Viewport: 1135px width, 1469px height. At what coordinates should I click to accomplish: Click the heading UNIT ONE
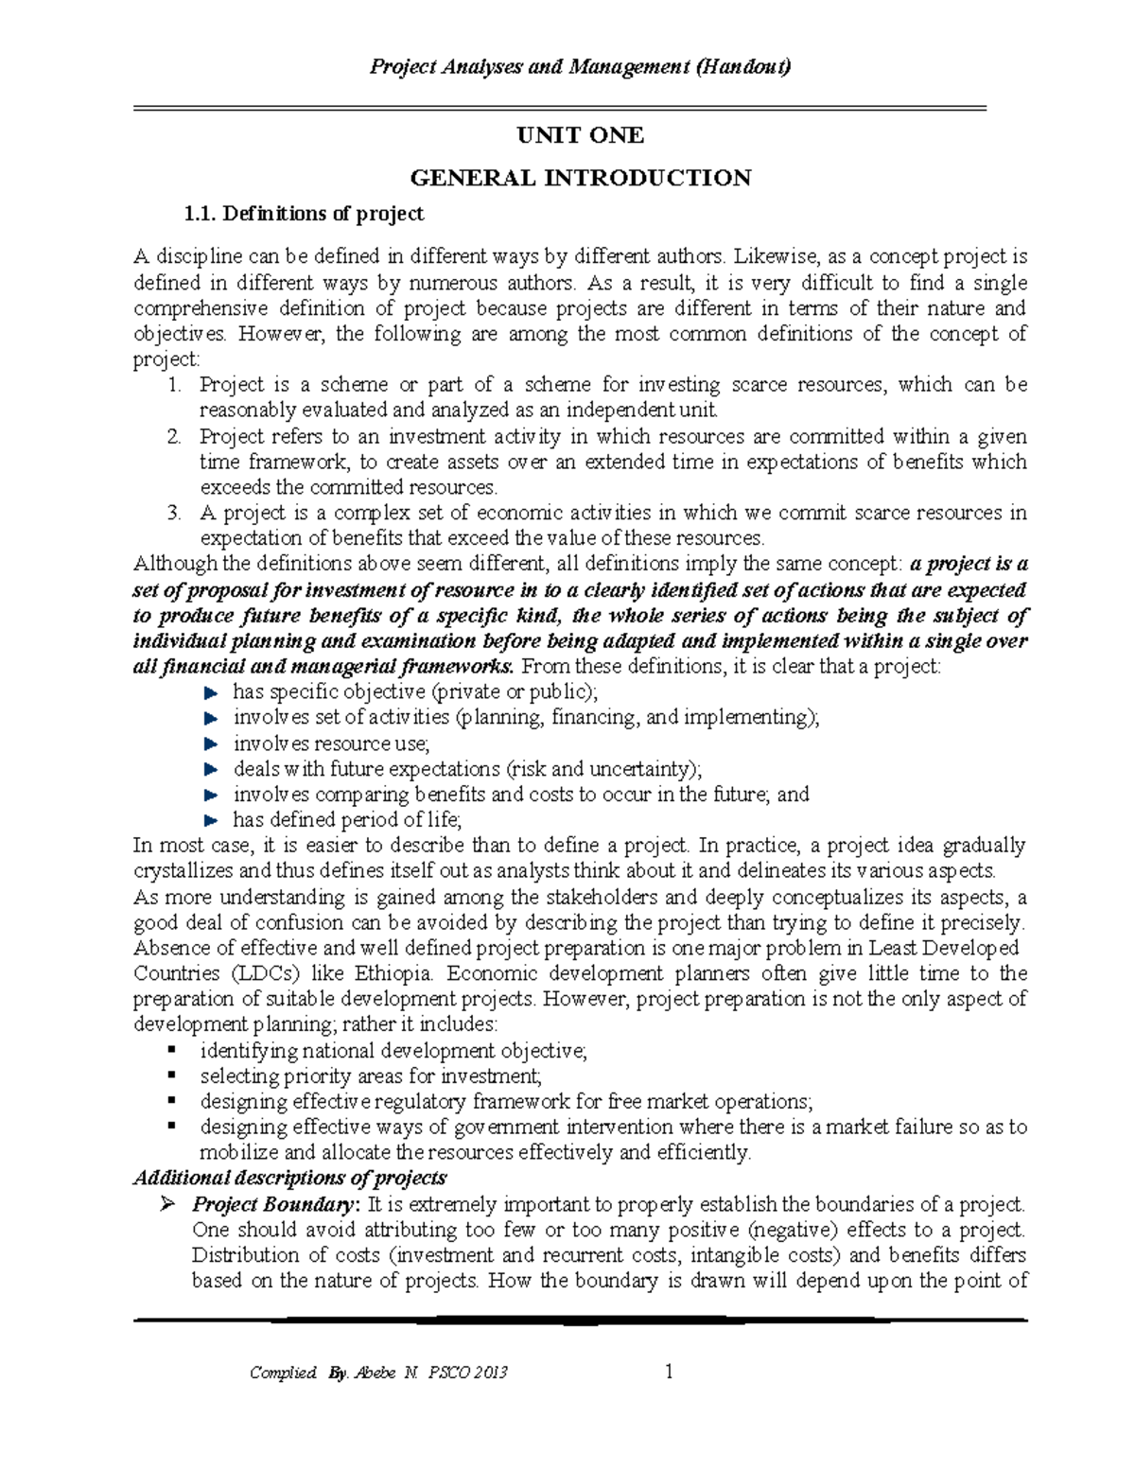pos(580,136)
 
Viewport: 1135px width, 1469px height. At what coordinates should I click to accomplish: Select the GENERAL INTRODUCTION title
pos(580,178)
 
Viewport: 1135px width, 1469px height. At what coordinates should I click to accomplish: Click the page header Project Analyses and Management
pos(580,67)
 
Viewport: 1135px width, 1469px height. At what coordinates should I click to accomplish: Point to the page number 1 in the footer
pos(669,1372)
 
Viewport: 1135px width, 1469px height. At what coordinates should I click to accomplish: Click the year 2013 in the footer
pos(488,1373)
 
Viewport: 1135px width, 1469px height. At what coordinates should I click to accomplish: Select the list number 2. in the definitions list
pos(173,437)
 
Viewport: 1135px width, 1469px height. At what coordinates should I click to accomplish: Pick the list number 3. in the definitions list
pos(173,514)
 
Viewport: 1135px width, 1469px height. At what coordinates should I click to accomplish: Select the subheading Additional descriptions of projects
pos(289,1179)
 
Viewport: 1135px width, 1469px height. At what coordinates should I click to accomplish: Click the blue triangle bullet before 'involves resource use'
pos(211,744)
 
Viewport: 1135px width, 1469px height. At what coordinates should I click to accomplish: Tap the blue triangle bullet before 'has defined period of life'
pos(211,821)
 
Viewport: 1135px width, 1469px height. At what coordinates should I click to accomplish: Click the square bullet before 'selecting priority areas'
pos(171,1076)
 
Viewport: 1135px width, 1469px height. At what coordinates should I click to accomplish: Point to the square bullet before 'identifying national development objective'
pos(171,1050)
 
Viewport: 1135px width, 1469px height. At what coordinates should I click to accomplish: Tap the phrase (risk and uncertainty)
pos(605,769)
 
